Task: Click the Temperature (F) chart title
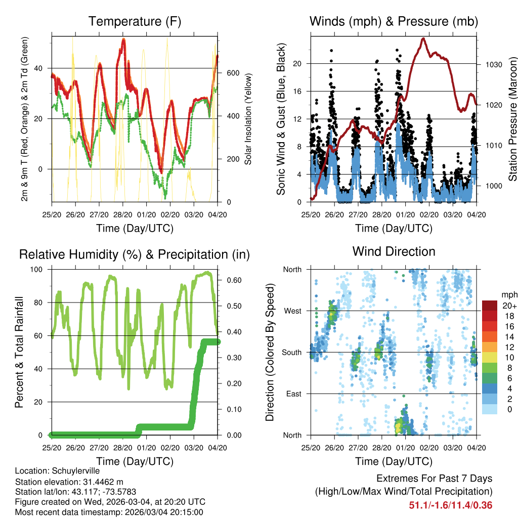point(135,21)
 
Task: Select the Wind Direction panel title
point(394,251)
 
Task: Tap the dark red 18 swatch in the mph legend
point(490,315)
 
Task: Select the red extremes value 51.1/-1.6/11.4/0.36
point(450,505)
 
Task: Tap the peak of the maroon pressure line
point(423,38)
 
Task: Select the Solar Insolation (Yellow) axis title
point(248,119)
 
